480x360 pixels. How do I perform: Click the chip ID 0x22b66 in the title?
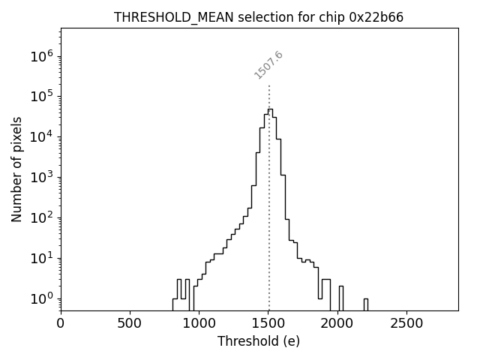376,17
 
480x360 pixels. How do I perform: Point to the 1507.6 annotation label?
268,65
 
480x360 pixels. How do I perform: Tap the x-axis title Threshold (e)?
259,341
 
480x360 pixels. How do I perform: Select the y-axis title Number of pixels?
16,169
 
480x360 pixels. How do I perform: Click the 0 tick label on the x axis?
61,324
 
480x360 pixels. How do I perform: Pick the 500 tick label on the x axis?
130,324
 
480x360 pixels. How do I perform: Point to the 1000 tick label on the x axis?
199,324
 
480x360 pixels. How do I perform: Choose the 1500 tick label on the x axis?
268,324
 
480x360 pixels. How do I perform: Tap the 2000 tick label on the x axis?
337,324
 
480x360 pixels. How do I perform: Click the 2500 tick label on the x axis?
406,324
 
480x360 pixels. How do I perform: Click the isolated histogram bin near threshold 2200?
365,304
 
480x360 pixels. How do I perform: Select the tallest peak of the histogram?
270,109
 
